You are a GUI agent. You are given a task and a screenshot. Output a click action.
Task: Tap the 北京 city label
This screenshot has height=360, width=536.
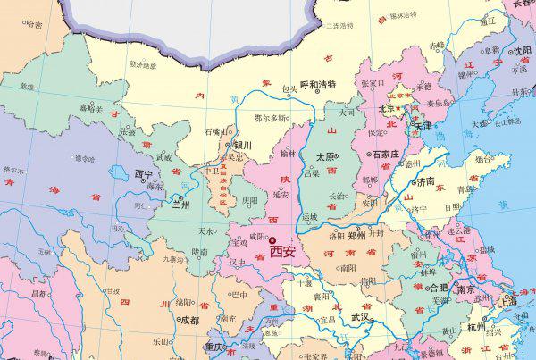coord(387,109)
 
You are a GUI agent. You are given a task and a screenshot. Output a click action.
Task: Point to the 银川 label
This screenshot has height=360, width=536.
coord(242,145)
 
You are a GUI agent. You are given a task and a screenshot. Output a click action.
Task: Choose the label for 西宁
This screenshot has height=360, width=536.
coord(143,173)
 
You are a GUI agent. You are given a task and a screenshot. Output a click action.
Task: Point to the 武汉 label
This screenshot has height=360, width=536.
coord(361,316)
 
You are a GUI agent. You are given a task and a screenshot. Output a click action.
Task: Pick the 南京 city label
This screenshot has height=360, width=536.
coord(465,289)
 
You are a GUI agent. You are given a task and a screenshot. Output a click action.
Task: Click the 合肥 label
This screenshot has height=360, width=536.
coord(439,288)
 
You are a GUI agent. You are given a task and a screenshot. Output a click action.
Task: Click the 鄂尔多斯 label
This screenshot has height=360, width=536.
coord(271,117)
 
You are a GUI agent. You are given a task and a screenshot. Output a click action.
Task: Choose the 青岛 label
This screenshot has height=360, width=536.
coord(467,189)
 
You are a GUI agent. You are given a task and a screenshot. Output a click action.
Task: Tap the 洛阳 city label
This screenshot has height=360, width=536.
coord(336,237)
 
